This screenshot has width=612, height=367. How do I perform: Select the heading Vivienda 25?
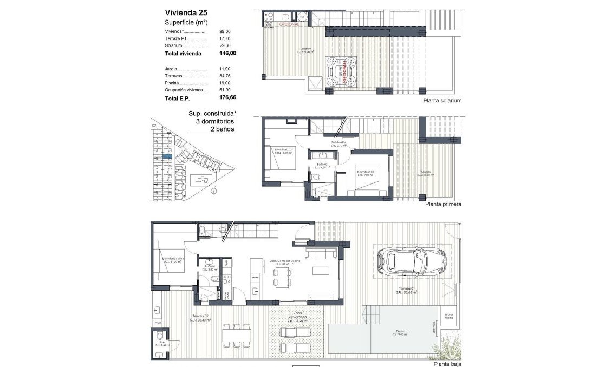click(x=186, y=12)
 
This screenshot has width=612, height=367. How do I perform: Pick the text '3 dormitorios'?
click(x=215, y=122)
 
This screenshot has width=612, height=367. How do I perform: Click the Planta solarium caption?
click(x=443, y=101)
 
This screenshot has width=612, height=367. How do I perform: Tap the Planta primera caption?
click(x=443, y=205)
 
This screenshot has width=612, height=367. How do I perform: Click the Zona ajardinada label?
click(x=297, y=317)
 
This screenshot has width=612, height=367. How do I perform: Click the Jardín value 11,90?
click(x=225, y=69)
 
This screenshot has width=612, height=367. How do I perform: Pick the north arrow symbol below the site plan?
click(x=213, y=191)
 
